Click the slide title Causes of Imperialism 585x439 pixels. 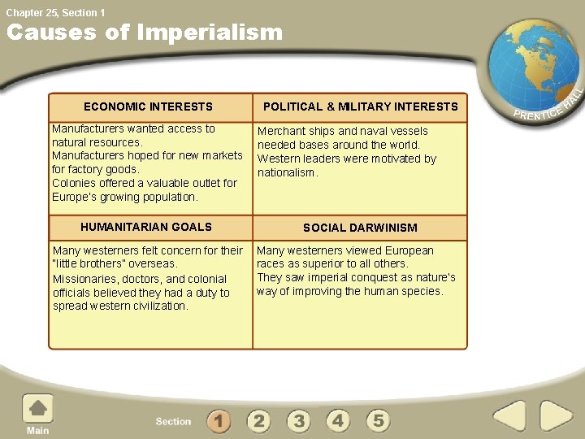coord(145,33)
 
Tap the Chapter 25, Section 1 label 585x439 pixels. coord(56,12)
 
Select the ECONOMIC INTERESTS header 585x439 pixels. coord(148,106)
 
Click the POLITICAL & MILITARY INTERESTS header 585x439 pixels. coord(360,106)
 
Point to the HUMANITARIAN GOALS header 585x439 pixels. coord(146,227)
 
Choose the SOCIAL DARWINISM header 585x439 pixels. coord(360,228)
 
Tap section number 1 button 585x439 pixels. coord(219,420)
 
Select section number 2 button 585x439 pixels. coord(258,420)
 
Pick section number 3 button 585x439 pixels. coord(298,420)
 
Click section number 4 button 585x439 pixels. coord(338,420)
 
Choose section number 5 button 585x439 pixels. coord(378,420)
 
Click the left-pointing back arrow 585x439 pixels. coord(510,417)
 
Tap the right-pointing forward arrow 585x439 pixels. coord(557,417)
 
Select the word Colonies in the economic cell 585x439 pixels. coord(74,183)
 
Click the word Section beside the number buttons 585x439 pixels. coord(173,421)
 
